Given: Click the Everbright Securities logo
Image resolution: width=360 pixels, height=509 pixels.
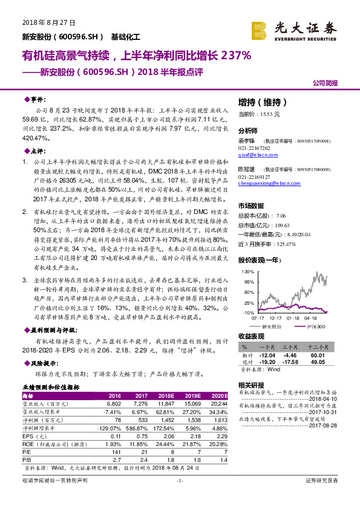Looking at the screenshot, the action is pyautogui.click(x=301, y=28).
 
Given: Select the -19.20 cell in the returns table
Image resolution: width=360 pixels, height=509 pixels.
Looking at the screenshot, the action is pyautogui.click(x=267, y=362).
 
